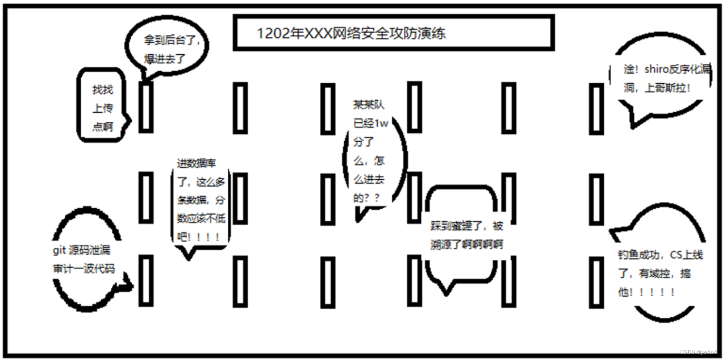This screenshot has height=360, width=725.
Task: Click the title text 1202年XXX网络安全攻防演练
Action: click(x=351, y=33)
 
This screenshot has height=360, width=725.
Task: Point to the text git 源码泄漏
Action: click(x=81, y=250)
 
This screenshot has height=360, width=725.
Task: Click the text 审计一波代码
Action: click(x=83, y=269)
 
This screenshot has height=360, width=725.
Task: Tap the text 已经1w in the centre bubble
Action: click(x=371, y=123)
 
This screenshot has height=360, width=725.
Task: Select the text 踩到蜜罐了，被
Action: click(x=467, y=226)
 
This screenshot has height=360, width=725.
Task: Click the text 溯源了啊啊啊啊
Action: click(x=467, y=245)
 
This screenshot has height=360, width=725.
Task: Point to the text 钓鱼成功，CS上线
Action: click(x=660, y=255)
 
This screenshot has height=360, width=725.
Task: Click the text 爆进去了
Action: click(x=165, y=59)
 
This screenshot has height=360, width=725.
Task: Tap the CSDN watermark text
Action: click(x=698, y=352)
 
